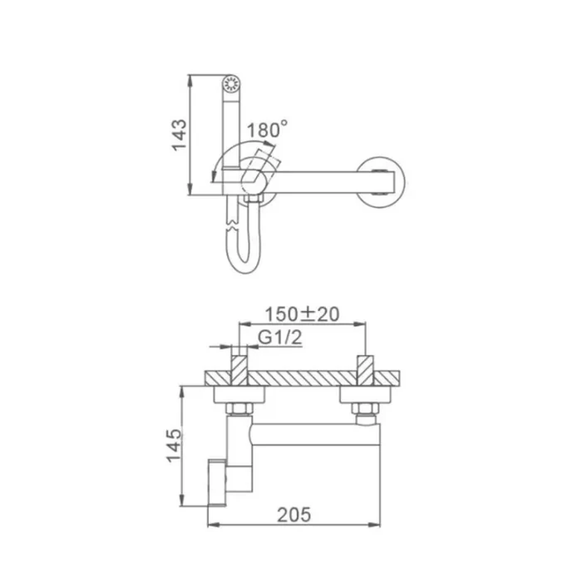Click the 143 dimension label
coord(179,134)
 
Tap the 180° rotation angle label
coord(267,130)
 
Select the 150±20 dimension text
coord(302,314)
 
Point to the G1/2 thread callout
coord(280,338)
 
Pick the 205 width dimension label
coord(294,515)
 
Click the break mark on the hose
coord(232,227)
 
